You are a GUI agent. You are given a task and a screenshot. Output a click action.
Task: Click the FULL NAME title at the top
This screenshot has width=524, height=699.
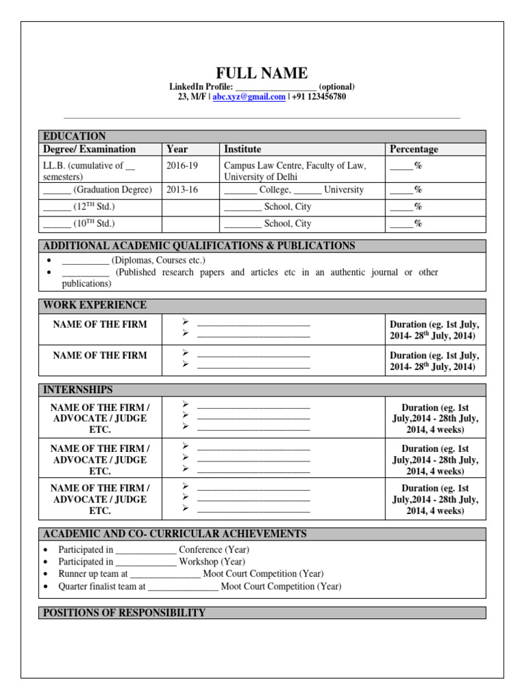[262, 73]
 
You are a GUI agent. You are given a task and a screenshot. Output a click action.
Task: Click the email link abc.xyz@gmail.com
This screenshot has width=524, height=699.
[249, 97]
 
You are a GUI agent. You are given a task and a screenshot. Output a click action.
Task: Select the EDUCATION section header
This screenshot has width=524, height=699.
[74, 136]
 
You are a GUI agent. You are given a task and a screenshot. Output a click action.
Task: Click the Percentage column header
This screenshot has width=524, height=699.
[413, 149]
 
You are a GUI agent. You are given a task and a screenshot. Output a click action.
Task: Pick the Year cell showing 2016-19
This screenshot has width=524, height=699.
[181, 165]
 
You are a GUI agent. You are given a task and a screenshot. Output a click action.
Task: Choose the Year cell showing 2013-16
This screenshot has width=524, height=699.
[181, 190]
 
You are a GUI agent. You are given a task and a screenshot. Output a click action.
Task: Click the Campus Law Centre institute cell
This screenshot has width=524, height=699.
[295, 170]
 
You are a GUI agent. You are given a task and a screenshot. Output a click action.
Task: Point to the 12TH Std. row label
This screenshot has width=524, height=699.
[79, 206]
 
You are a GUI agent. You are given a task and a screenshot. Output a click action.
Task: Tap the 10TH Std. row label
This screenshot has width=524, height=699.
[79, 223]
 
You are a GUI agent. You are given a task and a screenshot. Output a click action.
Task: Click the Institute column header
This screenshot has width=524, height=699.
[242, 149]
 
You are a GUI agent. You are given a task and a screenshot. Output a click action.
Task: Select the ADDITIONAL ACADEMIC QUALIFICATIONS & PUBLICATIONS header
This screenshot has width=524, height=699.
[199, 246]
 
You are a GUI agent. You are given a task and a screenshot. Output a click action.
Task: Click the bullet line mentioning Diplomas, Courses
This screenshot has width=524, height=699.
[134, 260]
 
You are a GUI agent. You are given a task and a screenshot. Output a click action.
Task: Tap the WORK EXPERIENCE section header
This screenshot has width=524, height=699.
[95, 305]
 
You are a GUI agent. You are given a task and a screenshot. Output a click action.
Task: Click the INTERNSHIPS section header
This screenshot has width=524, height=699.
[78, 390]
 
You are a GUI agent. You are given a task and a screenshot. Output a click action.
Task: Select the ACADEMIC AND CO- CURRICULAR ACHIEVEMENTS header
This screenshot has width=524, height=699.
[175, 534]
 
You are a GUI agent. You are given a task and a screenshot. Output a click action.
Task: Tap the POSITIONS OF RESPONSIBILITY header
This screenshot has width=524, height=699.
[124, 613]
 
